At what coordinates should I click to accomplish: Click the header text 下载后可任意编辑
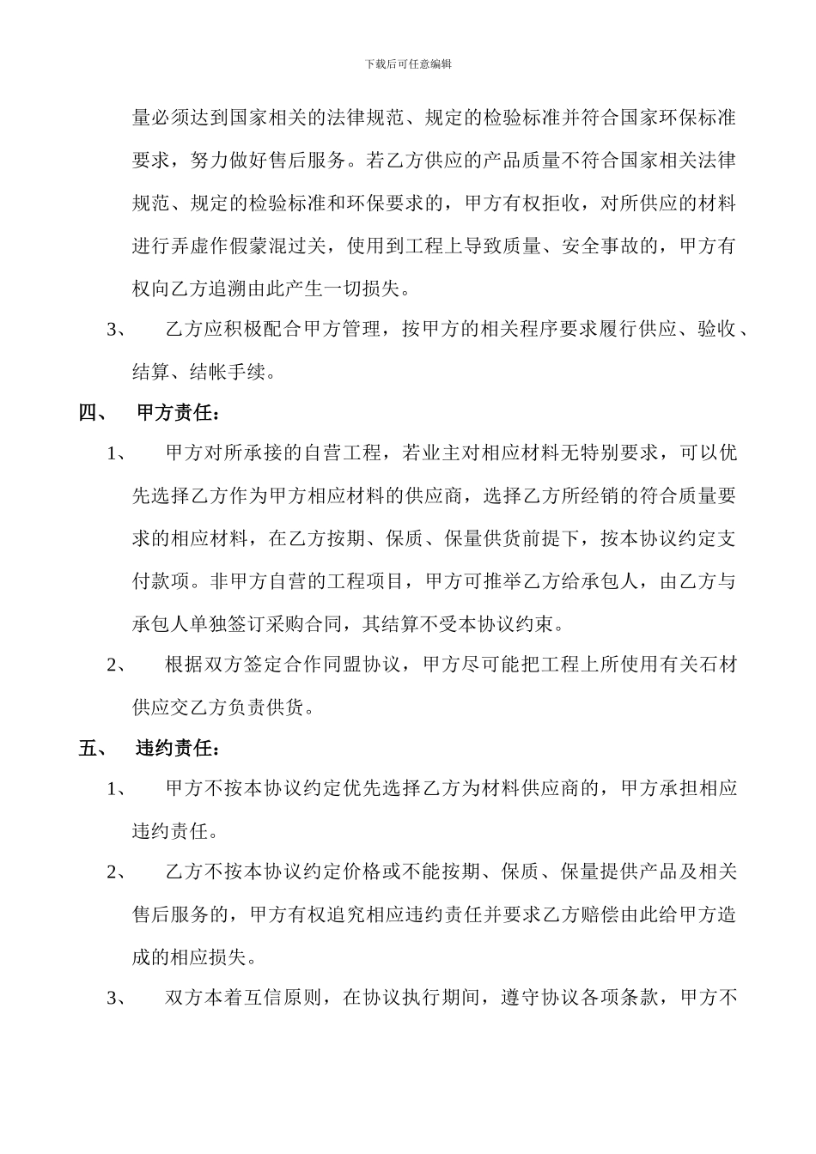[408, 64]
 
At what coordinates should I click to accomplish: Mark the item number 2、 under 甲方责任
[118, 665]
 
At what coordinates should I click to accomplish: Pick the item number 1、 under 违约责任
[118, 789]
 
